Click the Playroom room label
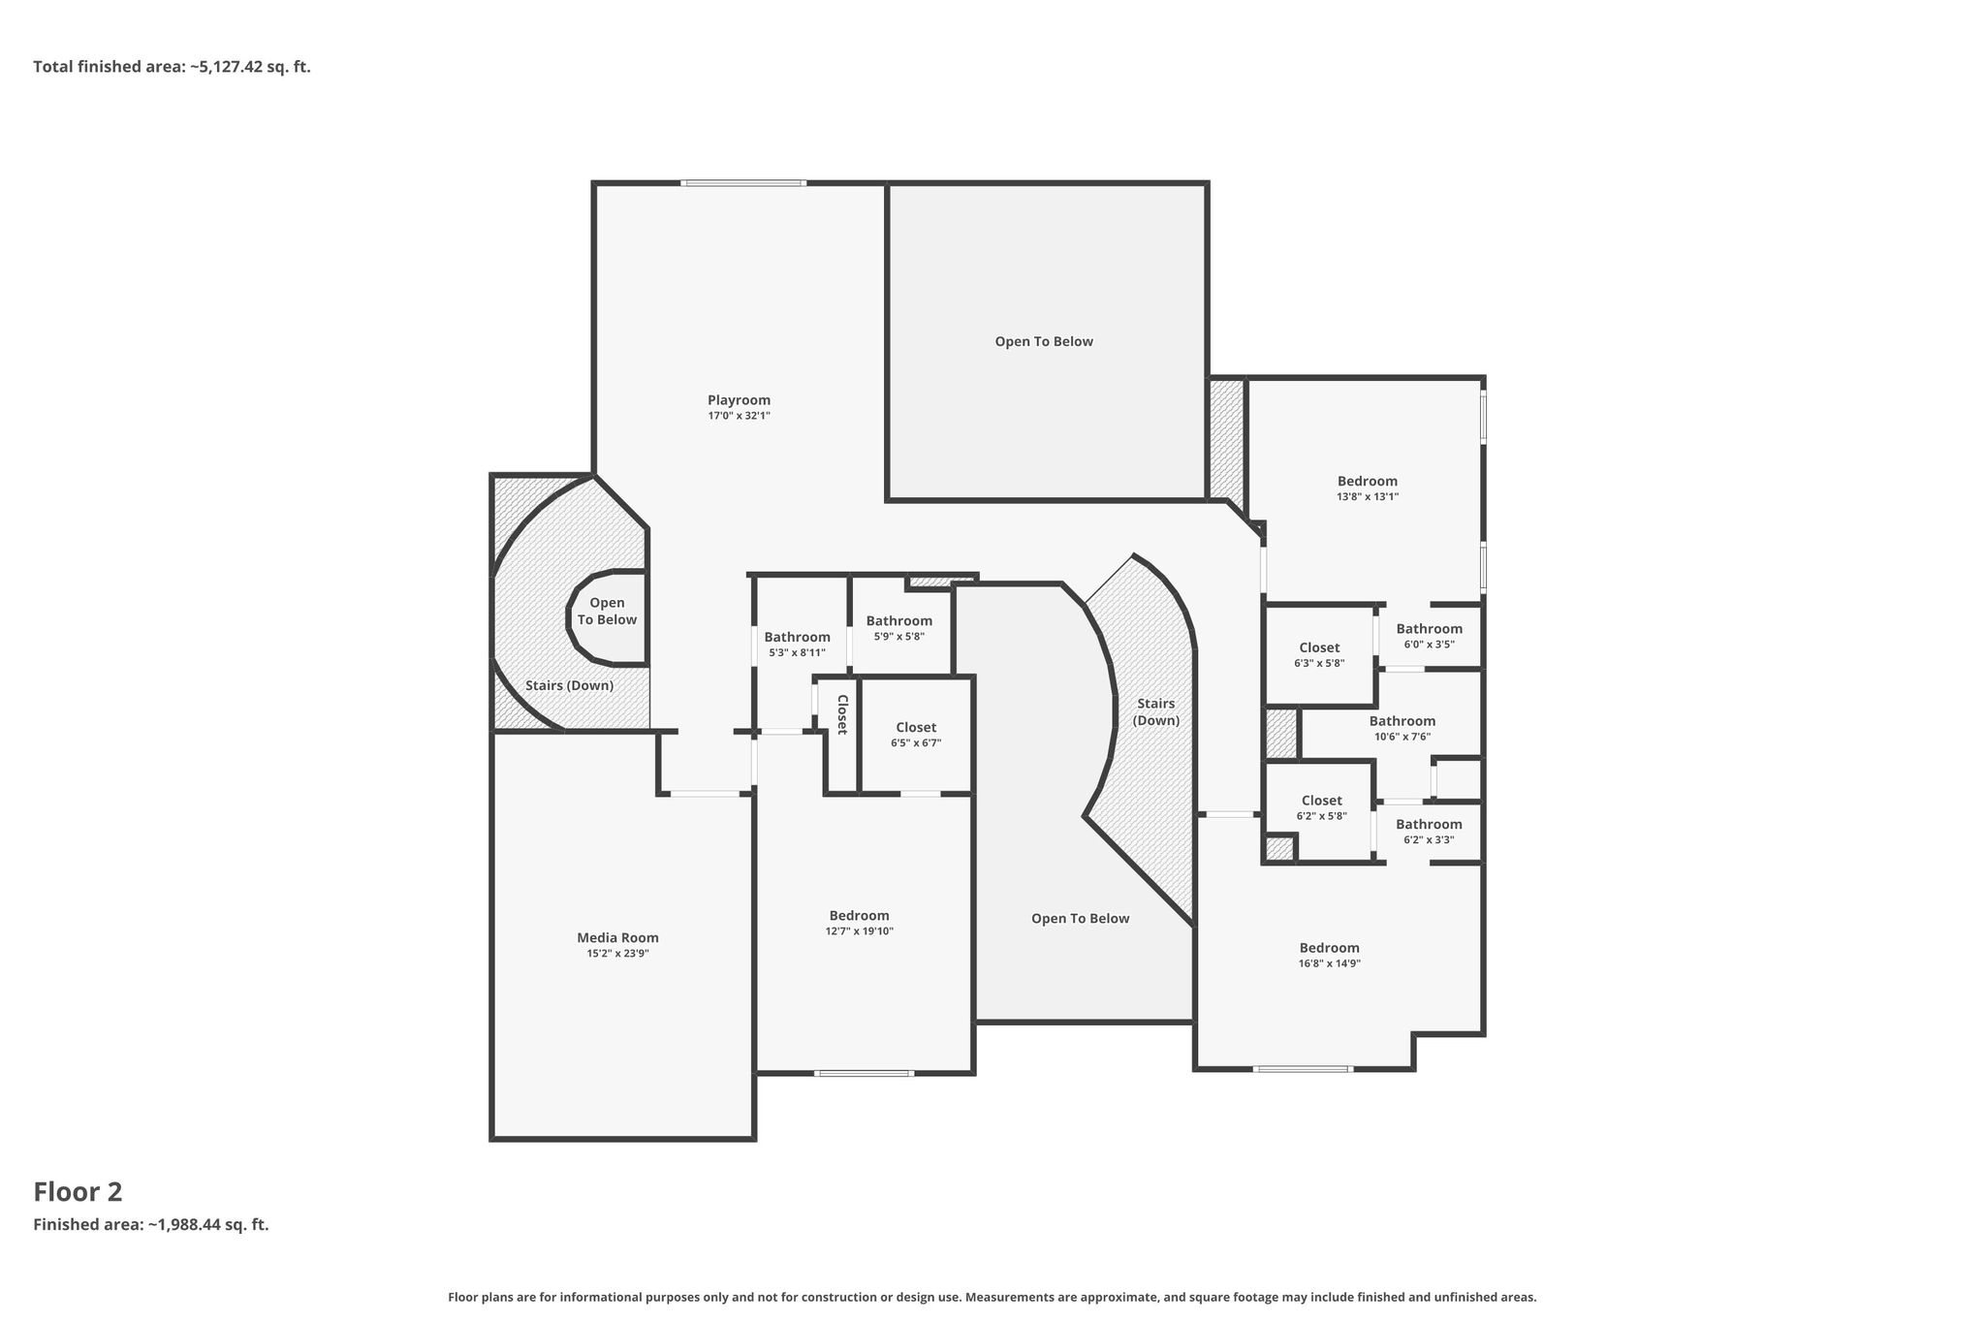click(739, 400)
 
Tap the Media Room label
click(617, 937)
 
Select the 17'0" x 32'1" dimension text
click(739, 416)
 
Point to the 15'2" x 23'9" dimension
click(617, 954)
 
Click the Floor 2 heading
click(78, 1192)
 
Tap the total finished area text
click(172, 67)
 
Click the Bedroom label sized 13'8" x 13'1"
click(1368, 481)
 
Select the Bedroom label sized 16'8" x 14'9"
click(1330, 948)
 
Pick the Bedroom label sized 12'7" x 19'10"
click(859, 916)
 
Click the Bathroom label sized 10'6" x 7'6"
click(1402, 721)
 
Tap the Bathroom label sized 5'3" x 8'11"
click(797, 637)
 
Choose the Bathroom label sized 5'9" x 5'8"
click(899, 621)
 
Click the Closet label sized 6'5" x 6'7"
click(916, 728)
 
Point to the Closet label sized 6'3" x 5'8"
click(1319, 647)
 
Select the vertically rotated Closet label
click(842, 714)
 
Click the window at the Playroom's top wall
click(743, 183)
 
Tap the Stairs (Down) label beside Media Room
click(569, 685)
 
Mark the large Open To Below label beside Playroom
click(1044, 341)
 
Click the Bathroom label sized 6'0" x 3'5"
click(1430, 629)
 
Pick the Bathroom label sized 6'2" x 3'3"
click(1429, 825)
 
